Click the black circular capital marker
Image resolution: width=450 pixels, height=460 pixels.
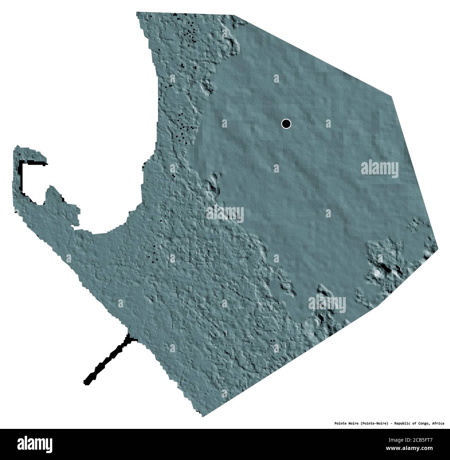click(x=286, y=123)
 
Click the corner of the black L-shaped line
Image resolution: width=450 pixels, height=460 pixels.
click(x=21, y=163)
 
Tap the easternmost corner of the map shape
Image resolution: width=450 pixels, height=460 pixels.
click(x=438, y=248)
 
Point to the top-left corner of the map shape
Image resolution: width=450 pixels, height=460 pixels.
click(x=137, y=13)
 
